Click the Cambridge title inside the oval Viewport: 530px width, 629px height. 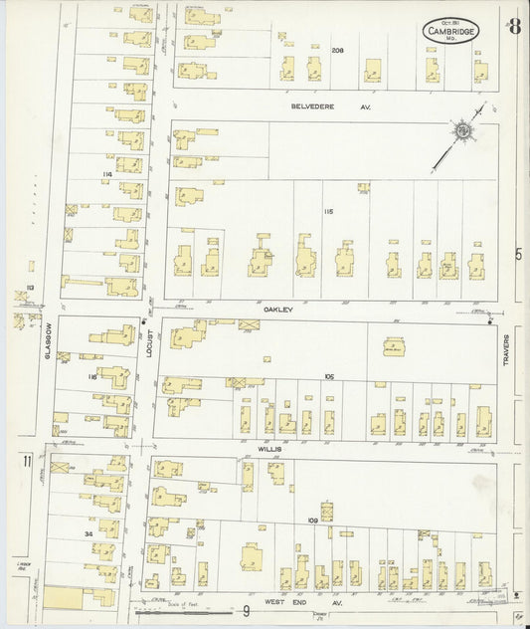(450, 32)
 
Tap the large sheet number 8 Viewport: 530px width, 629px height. (514, 27)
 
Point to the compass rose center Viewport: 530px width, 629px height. (460, 128)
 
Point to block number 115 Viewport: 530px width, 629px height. (327, 212)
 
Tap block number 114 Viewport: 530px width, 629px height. (106, 174)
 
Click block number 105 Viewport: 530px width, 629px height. (328, 377)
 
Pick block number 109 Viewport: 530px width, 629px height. (311, 521)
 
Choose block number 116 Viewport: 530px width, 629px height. (91, 377)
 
